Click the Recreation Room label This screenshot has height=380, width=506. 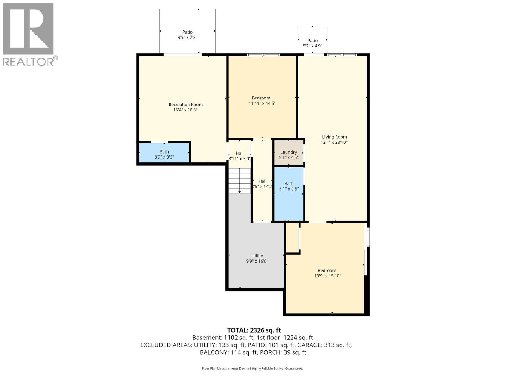coord(185,104)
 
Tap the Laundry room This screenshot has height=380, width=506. coord(288,152)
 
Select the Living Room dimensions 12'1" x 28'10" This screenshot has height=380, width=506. coord(334,142)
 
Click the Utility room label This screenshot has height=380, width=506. coord(257,256)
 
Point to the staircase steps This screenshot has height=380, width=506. coord(239,180)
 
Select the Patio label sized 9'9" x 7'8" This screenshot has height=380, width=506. coord(187,32)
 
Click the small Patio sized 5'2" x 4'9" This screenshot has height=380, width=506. coord(312,41)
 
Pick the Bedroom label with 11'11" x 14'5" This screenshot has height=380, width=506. coord(261,98)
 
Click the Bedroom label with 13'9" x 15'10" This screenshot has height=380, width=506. coord(327,270)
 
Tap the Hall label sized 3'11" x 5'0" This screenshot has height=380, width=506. coord(239,153)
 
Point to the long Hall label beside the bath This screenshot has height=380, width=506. coord(262,181)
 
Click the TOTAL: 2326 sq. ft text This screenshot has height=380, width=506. coord(254,330)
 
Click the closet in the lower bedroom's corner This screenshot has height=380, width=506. coord(292,237)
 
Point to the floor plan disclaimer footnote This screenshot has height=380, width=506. coord(252,368)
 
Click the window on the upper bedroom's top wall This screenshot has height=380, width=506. coord(263,55)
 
